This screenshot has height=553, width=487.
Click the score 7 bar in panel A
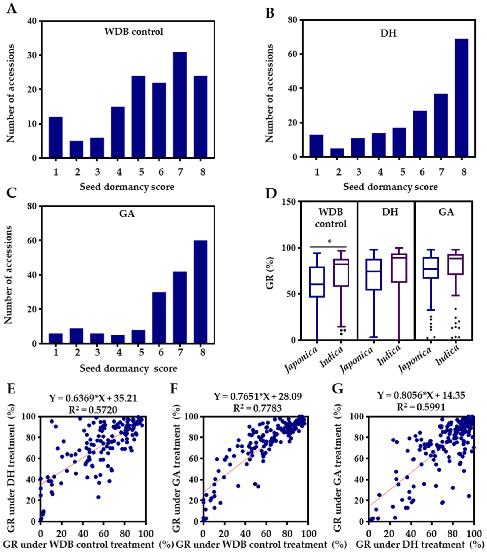(179, 105)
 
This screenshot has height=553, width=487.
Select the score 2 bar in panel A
(76, 149)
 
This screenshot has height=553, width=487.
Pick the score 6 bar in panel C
(159, 318)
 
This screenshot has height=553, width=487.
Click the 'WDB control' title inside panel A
(134, 32)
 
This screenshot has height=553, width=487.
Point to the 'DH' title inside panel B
(388, 33)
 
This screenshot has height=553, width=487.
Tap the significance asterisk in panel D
(329, 242)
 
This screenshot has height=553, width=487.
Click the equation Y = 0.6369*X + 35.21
(93, 398)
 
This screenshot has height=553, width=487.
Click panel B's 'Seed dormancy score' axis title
(390, 187)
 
